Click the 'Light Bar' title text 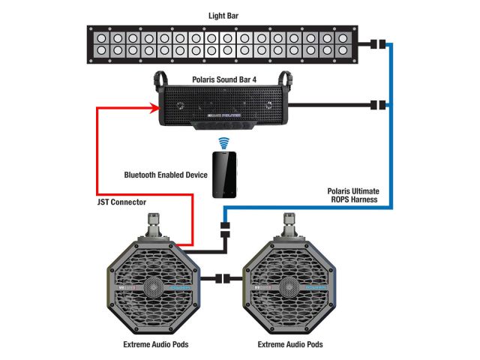point(227,15)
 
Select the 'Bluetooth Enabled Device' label point(165,175)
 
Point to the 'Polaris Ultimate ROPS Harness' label point(352,196)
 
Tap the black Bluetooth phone point(223,175)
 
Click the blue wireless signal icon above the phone point(223,142)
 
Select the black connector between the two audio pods point(223,279)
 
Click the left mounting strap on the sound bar point(159,78)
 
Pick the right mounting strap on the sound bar point(286,78)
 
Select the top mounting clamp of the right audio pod point(289,224)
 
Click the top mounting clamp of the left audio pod point(154,224)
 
